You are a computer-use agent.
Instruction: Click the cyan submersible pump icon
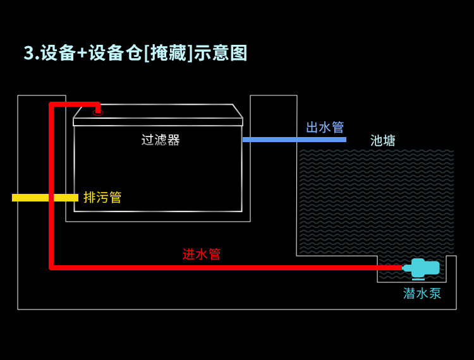pyautogui.click(x=423, y=268)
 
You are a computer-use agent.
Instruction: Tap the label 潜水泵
pyautogui.click(x=422, y=294)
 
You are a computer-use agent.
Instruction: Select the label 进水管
pyautogui.click(x=202, y=255)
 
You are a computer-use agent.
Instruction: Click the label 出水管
pyautogui.click(x=325, y=128)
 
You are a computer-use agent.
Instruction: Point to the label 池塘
pyautogui.click(x=383, y=141)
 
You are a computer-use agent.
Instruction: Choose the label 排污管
pyautogui.click(x=102, y=198)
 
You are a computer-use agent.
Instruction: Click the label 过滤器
pyautogui.click(x=161, y=140)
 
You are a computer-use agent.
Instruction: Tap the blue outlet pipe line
pyautogui.click(x=294, y=140)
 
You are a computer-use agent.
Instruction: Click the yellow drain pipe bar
pyautogui.click(x=44, y=198)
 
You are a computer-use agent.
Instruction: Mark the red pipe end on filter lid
pyautogui.click(x=98, y=110)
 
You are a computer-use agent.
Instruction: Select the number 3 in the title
pyautogui.click(x=28, y=53)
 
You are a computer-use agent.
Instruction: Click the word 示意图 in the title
pyautogui.click(x=221, y=53)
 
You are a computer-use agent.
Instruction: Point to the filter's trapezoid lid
pyautogui.click(x=158, y=112)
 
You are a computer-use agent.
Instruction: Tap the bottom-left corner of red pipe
pyautogui.click(x=51, y=267)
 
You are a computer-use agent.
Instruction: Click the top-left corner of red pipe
pyautogui.click(x=51, y=104)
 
